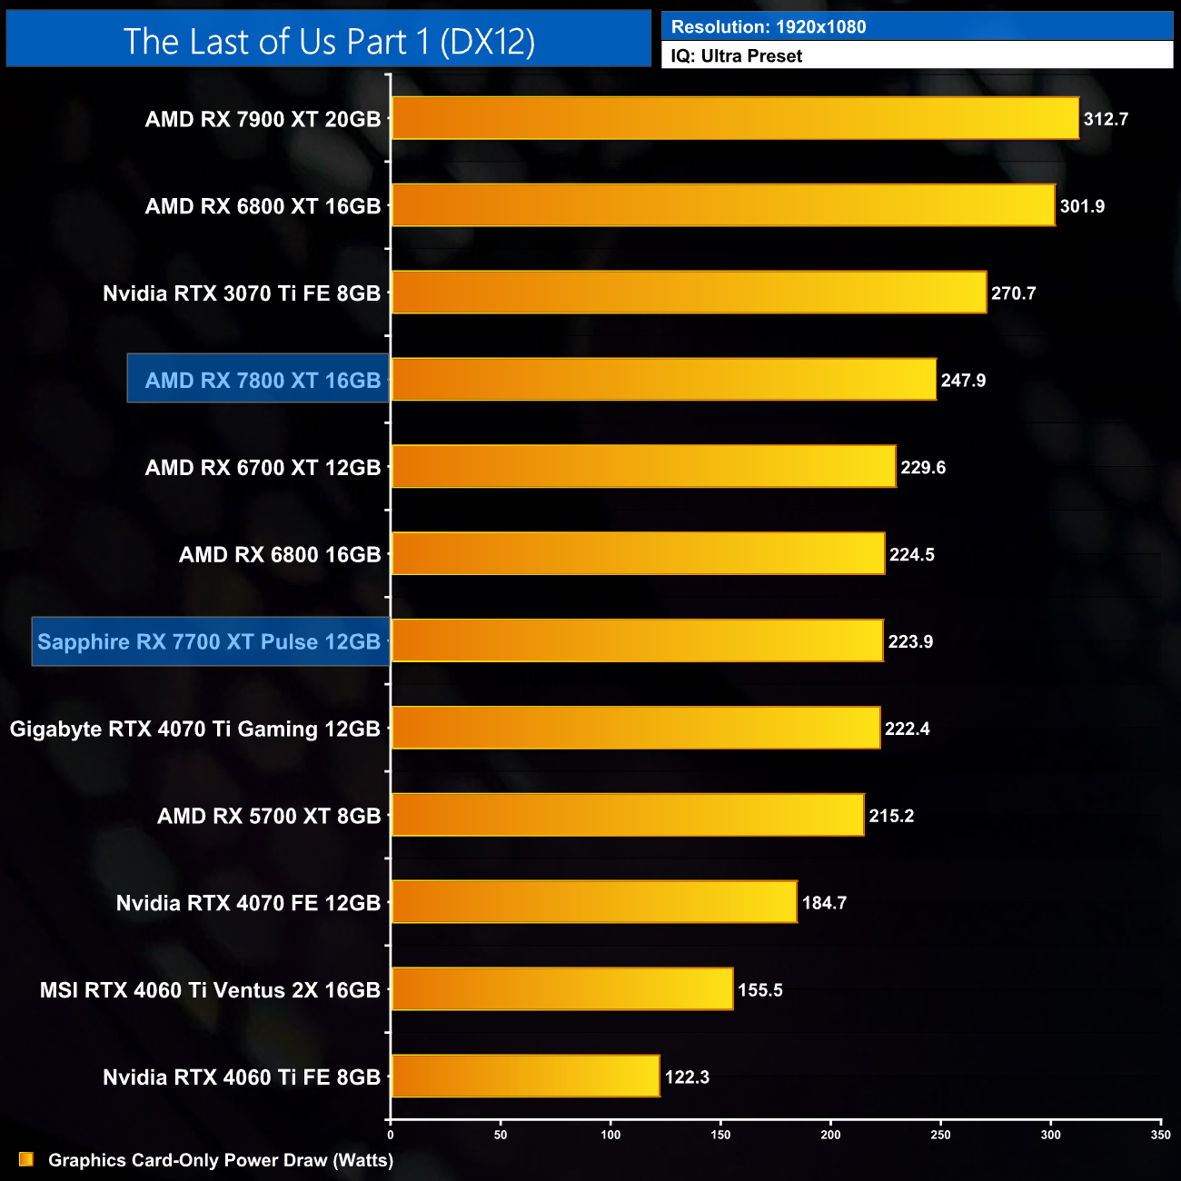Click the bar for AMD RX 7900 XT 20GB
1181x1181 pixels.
(x=735, y=118)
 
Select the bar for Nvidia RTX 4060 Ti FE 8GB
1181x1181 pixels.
(x=525, y=1077)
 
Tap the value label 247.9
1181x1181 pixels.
(x=963, y=381)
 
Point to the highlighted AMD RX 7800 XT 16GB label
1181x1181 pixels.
(x=262, y=381)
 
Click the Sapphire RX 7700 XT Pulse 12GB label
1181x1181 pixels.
(x=209, y=642)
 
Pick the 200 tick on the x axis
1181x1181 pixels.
(x=830, y=1135)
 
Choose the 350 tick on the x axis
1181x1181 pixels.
(x=1160, y=1135)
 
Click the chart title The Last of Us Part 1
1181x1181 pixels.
(x=329, y=42)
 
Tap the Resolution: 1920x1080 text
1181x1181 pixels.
(x=769, y=27)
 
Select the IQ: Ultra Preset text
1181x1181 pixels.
(x=737, y=56)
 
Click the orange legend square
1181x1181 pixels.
(x=26, y=1159)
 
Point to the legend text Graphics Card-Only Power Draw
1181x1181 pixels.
(x=221, y=1160)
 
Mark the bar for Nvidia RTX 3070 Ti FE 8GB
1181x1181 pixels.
(x=689, y=293)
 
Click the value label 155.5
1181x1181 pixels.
(x=760, y=990)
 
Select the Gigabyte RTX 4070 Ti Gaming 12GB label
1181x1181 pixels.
(x=195, y=729)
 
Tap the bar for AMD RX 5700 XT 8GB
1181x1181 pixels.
(x=628, y=815)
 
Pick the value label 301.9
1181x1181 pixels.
(x=1082, y=206)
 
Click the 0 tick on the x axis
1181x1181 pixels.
(x=391, y=1135)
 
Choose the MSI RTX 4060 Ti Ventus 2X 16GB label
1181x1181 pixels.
(x=210, y=990)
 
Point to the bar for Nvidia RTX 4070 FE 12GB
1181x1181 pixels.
(x=594, y=902)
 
